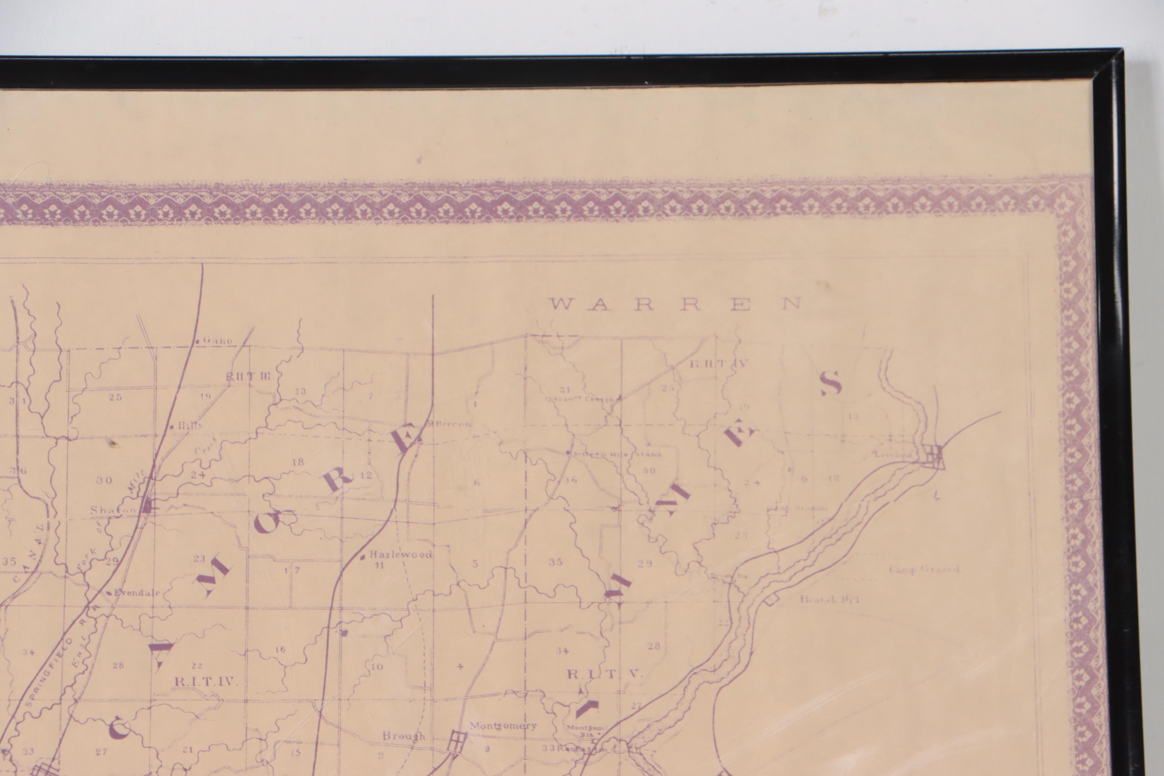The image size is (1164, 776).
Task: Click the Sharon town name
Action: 113,510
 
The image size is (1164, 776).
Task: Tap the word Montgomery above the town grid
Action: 503,726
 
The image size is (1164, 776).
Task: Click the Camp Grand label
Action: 923,569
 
